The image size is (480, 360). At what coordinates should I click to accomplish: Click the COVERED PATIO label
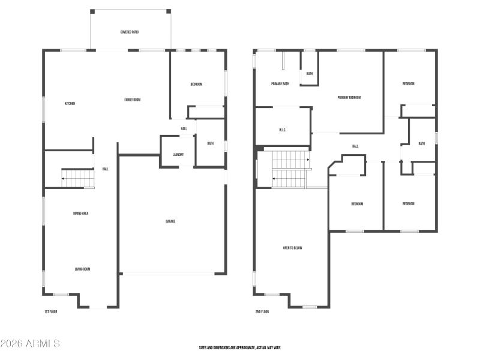click(x=130, y=32)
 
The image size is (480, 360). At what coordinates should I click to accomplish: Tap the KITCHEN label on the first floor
click(x=70, y=104)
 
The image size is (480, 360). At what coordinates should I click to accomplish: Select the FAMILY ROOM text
click(x=133, y=100)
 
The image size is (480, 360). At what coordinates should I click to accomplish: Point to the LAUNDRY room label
click(x=178, y=155)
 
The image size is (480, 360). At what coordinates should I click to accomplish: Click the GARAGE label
click(x=170, y=221)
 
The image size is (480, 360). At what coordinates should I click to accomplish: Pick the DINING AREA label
click(x=81, y=214)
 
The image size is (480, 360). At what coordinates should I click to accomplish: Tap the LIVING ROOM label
click(x=83, y=269)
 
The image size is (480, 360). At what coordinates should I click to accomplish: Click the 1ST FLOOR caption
click(x=51, y=312)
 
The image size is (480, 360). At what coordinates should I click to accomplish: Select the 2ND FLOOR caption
click(x=262, y=312)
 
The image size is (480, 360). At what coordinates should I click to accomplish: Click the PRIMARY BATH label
click(x=280, y=84)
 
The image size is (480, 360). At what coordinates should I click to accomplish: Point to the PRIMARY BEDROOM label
click(x=349, y=97)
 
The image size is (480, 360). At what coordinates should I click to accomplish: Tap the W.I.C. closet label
click(x=283, y=130)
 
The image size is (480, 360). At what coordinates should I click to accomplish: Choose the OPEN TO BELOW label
click(x=292, y=248)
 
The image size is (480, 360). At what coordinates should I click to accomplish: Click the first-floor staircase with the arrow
click(x=78, y=178)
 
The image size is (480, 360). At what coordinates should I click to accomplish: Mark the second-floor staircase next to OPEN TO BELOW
click(x=290, y=169)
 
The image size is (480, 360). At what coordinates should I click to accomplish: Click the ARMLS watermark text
click(x=30, y=344)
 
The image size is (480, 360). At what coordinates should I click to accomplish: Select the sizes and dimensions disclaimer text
click(x=240, y=347)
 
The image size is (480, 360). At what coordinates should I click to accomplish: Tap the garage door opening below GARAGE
click(x=167, y=274)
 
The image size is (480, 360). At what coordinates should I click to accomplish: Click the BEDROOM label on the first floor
click(x=196, y=85)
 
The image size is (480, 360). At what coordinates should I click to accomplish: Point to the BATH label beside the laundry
click(x=211, y=143)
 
